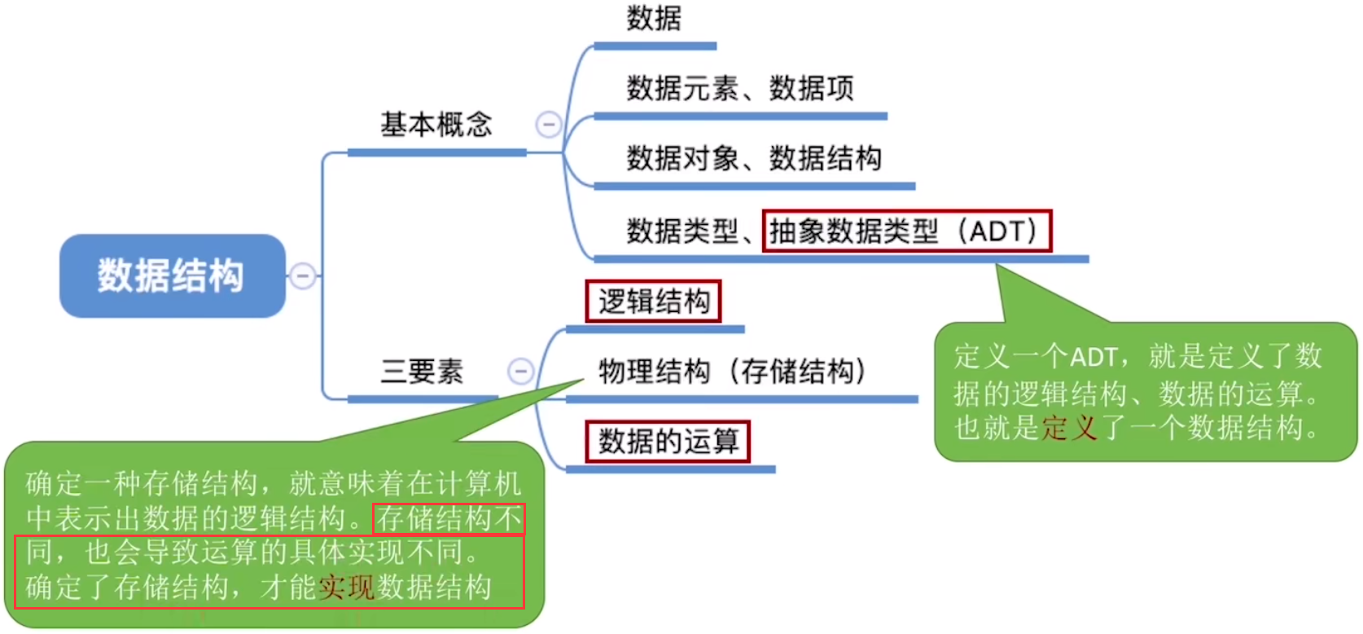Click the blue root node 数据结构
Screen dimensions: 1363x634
[172, 275]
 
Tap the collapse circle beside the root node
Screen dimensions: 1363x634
[303, 276]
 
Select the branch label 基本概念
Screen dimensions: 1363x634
[436, 125]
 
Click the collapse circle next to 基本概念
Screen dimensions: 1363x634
[548, 125]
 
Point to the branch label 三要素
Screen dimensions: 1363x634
[422, 372]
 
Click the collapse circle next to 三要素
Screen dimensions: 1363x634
[520, 372]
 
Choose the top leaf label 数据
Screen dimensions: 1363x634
[654, 18]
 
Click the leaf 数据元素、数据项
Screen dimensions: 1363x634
[739, 88]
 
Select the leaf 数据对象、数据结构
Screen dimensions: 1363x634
[753, 158]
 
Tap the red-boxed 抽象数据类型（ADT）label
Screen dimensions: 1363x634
[906, 231]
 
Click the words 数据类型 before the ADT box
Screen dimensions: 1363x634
[682, 231]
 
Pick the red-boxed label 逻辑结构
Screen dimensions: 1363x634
[654, 302]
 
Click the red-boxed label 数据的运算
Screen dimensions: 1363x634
[668, 441]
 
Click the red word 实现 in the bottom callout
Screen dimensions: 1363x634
[346, 587]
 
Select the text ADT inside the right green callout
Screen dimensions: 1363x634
[1093, 357]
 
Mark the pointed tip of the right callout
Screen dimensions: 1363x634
[997, 266]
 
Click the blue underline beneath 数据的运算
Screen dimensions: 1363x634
[670, 469]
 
